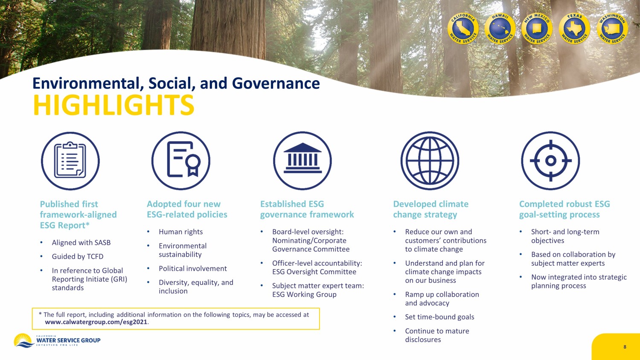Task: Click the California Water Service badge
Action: [463, 29]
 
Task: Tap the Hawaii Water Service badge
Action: [500, 29]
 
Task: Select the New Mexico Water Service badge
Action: [537, 29]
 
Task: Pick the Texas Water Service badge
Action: [574, 29]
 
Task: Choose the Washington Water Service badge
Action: [612, 29]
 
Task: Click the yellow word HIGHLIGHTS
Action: [114, 105]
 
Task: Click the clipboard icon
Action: [70, 160]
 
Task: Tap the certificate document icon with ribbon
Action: [181, 160]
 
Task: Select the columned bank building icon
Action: [303, 160]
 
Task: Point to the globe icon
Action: [430, 160]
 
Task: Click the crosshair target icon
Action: [550, 160]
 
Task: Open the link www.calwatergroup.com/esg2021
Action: [96, 322]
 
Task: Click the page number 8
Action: [625, 347]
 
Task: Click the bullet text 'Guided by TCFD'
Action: [78, 257]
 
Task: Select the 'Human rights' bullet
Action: [180, 232]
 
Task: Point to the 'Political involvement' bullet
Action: [193, 269]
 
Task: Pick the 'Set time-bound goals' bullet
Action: [440, 317]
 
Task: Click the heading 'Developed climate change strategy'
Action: [431, 209]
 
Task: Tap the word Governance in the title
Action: [276, 84]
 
